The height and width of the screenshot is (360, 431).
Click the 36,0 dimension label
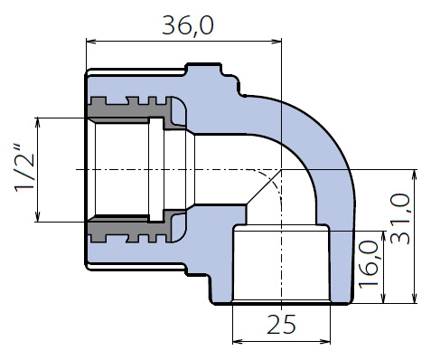[188, 25]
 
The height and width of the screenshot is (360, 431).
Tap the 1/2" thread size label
[24, 168]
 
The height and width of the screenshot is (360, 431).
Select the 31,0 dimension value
[400, 219]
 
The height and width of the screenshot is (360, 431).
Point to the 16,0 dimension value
[368, 264]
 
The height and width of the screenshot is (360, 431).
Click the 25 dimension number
[281, 325]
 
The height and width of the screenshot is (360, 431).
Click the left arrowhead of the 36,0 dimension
[91, 42]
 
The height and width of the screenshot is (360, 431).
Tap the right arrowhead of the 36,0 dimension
[276, 42]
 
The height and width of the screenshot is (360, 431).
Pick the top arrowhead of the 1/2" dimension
[38, 122]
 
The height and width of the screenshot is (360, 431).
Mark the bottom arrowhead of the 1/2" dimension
[38, 216]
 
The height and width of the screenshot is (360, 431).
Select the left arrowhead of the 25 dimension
[238, 342]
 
